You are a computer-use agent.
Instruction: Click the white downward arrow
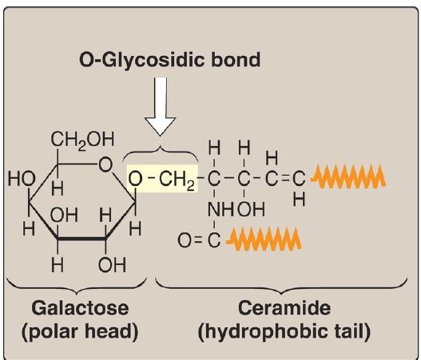tap(161, 106)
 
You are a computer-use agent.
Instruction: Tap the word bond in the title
tap(236, 59)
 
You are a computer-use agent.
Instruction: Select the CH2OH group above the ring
tap(82, 140)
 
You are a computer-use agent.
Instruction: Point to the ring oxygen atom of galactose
tap(105, 164)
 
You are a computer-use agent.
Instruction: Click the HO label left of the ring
tap(22, 179)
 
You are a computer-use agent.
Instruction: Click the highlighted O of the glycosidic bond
tap(135, 179)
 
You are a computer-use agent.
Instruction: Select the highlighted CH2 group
tap(177, 180)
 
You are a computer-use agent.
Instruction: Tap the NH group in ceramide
tap(220, 209)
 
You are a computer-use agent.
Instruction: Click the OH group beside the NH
tap(252, 209)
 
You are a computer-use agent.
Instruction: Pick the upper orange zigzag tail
tap(348, 177)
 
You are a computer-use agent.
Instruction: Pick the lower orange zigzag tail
tap(264, 239)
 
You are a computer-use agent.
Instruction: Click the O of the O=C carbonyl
tap(185, 240)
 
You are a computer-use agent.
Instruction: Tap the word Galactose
tap(80, 308)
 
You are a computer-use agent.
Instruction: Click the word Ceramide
tap(284, 308)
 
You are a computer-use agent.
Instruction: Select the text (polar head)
tap(80, 331)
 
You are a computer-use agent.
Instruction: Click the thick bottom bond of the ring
tap(81, 238)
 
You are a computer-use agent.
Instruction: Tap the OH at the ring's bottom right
tap(112, 265)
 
